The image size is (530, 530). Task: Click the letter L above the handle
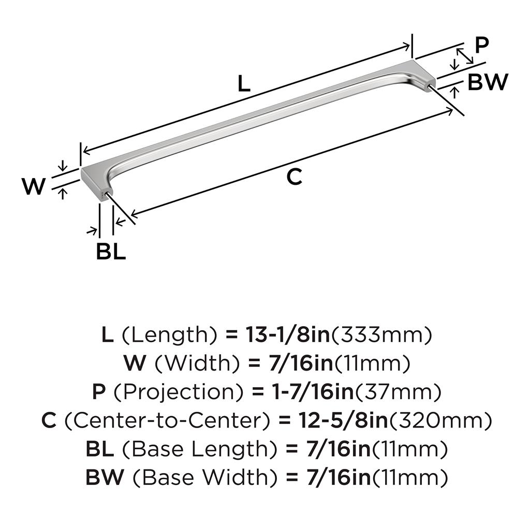coord(244,83)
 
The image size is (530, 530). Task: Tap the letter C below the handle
coord(294,176)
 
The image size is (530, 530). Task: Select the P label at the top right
coord(482,45)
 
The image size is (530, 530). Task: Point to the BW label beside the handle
coord(488,82)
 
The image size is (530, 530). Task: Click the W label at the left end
coord(34,186)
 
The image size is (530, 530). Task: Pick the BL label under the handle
coord(111,251)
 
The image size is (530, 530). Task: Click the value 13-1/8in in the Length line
coord(287,335)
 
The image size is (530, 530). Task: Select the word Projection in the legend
coord(179,393)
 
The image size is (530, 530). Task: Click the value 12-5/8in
coord(343,420)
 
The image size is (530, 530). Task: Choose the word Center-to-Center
coord(167,420)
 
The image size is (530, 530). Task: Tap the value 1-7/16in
coord(313,392)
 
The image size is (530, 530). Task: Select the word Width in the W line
coord(197,363)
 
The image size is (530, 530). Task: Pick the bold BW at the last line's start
coord(105,478)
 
